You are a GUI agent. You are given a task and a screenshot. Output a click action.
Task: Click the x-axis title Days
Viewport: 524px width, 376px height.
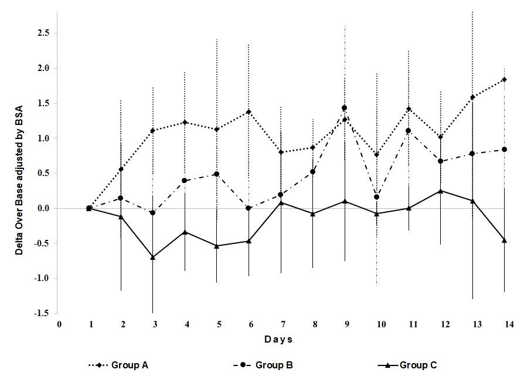point(278,340)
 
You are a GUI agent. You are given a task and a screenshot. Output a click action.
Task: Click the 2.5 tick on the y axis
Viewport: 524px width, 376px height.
point(43,33)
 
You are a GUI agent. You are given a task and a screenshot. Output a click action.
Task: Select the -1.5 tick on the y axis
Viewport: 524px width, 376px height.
point(42,313)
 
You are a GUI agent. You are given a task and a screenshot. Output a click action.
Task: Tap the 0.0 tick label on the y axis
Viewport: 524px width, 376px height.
point(43,208)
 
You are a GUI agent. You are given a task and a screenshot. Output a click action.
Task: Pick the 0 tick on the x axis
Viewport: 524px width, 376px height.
point(59,323)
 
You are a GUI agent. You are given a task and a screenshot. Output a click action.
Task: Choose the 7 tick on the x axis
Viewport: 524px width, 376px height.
point(281,323)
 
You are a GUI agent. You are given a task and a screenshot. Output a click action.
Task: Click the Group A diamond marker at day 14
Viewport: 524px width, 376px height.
point(504,80)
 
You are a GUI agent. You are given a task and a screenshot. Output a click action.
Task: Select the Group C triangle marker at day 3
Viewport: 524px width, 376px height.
point(153,258)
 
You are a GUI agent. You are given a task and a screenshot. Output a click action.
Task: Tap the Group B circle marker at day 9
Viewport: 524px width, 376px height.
point(345,108)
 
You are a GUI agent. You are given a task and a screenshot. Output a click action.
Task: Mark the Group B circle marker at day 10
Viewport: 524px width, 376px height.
point(376,197)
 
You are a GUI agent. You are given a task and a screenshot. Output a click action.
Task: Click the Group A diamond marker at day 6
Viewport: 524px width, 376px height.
point(249,112)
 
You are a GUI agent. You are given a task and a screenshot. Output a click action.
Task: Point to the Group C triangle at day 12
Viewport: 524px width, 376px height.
point(440,191)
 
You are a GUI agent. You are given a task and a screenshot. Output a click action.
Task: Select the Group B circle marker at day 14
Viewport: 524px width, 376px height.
point(504,150)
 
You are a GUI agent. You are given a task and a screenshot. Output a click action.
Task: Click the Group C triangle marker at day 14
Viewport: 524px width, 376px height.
point(504,240)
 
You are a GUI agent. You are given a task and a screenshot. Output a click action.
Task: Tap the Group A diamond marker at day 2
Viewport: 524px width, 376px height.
point(121,170)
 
